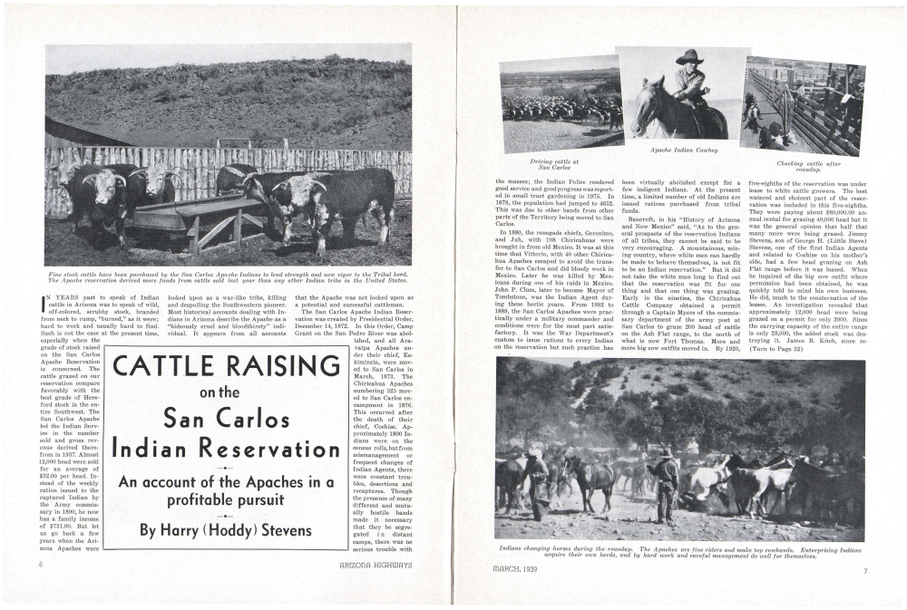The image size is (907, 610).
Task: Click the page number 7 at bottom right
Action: pos(865,570)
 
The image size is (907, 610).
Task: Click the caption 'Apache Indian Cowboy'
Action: pos(684,149)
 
